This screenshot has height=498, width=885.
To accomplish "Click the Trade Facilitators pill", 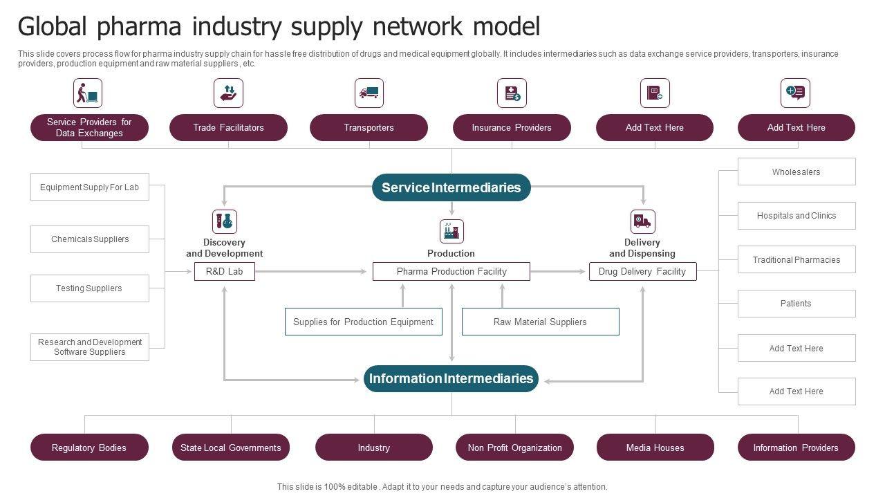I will [x=228, y=127].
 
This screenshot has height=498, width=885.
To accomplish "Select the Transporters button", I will [x=369, y=127].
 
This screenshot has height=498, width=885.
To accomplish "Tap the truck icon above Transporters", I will [x=369, y=93].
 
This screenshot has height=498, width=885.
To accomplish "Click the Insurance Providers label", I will [x=512, y=127].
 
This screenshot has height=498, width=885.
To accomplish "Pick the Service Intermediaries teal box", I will [x=451, y=187].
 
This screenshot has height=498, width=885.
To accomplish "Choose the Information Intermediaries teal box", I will [x=451, y=378].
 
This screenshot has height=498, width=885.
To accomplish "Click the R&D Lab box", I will [x=224, y=271].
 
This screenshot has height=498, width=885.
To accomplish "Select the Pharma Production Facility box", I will [x=451, y=271].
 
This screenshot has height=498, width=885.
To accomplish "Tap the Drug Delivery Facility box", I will [x=642, y=271].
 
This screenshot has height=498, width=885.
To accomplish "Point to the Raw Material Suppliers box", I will [x=540, y=322].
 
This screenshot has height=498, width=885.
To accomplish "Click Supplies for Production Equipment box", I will [x=363, y=322].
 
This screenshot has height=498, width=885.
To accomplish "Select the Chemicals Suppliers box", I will [x=90, y=239].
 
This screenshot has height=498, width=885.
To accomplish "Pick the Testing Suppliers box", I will [x=90, y=288].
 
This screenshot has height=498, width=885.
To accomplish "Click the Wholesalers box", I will [x=796, y=172].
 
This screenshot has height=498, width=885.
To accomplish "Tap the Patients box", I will [x=796, y=303].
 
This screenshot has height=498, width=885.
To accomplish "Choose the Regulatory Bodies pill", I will [x=89, y=448].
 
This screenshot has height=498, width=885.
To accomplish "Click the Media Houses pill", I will [x=655, y=448].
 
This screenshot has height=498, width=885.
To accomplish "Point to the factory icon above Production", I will [x=451, y=231].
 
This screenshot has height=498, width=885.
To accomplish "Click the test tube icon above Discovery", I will [x=224, y=221].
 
